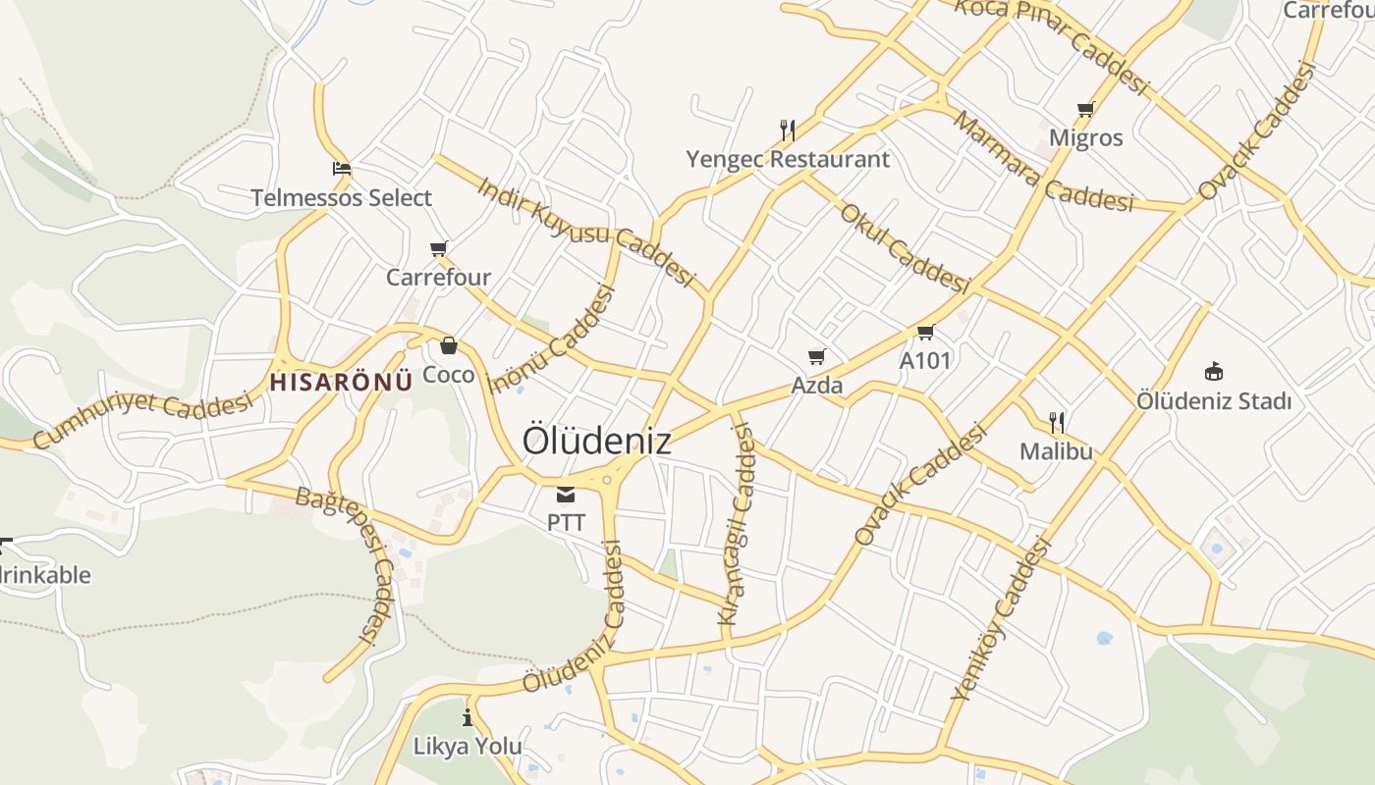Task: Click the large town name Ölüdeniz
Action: click(x=596, y=441)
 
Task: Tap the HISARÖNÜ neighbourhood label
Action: click(x=341, y=382)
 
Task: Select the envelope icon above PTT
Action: click(x=566, y=495)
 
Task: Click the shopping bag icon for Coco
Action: click(x=449, y=345)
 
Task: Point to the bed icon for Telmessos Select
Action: click(x=341, y=169)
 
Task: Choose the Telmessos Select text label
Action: click(x=341, y=198)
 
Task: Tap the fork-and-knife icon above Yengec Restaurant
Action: click(x=787, y=130)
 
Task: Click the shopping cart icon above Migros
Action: click(x=1085, y=110)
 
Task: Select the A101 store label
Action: click(x=925, y=360)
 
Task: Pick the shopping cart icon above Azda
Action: click(x=816, y=356)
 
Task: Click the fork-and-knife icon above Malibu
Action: click(x=1057, y=423)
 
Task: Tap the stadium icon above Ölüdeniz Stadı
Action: click(x=1214, y=372)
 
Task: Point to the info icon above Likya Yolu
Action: click(x=467, y=717)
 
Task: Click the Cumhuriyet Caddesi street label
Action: click(x=143, y=419)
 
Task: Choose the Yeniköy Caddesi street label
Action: click(x=1001, y=620)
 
